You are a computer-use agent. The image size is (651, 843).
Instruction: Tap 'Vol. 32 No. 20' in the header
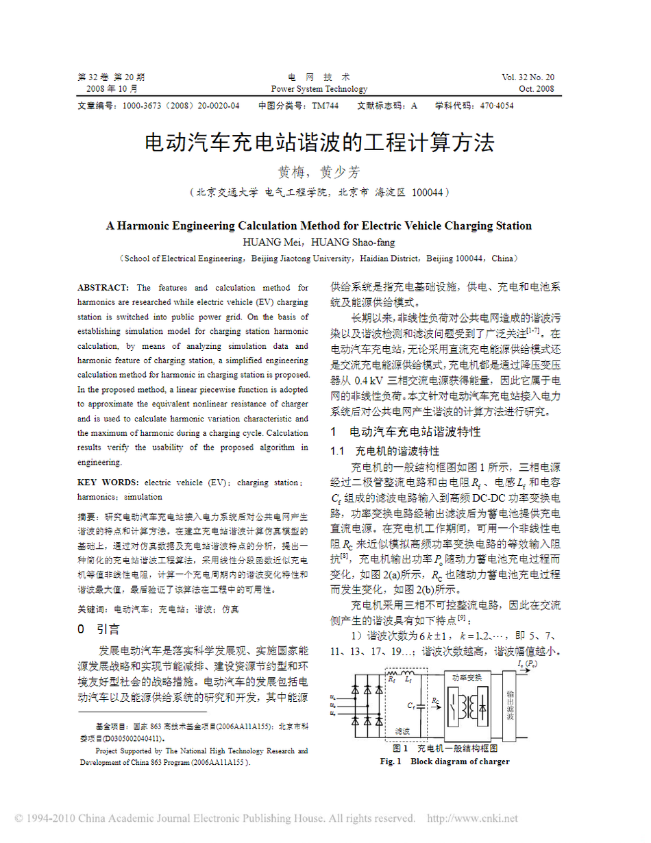[x=528, y=77]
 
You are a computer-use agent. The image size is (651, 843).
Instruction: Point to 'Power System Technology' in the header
[x=319, y=89]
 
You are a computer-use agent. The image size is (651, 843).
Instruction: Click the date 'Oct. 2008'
[x=537, y=89]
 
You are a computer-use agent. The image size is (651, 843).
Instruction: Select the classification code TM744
[x=325, y=106]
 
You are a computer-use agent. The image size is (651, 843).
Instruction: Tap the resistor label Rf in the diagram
[x=392, y=681]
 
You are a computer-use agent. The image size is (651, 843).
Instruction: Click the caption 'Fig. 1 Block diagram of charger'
[x=445, y=762]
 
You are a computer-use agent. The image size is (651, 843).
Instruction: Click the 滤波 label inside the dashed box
[x=402, y=731]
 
